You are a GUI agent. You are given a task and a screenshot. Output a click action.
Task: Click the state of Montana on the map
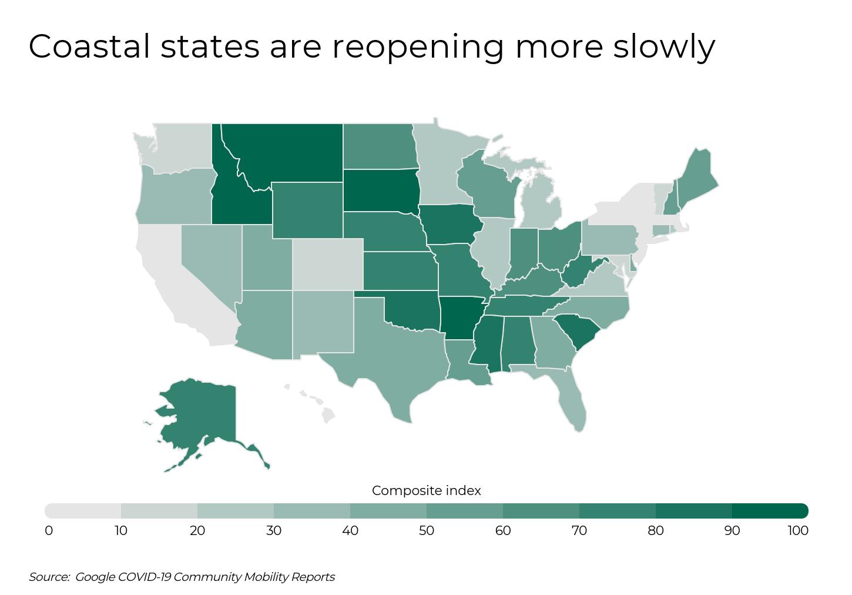coord(282,153)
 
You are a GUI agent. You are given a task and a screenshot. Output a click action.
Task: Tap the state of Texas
coord(388,353)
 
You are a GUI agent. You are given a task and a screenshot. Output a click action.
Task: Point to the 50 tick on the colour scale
coord(427,531)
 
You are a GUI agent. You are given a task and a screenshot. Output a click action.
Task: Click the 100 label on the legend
coord(798,531)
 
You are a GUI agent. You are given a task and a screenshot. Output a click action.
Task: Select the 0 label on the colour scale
coord(49,531)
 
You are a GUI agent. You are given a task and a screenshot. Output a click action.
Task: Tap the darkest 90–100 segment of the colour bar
coord(770,510)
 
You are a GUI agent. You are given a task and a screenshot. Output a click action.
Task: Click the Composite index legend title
coord(426,490)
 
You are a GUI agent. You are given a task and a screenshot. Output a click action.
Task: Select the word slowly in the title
coord(664,47)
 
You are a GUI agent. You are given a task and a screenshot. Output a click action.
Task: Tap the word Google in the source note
coord(95,577)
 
